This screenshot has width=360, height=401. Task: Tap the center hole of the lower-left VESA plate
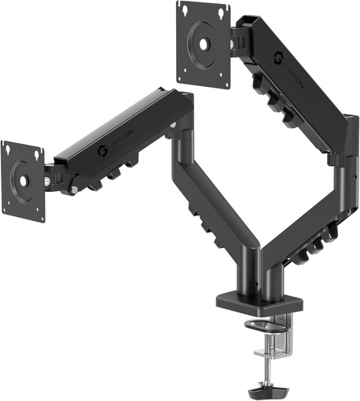(23, 176)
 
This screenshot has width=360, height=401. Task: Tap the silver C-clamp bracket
(293, 337)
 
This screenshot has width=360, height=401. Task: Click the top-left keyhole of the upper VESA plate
(185, 10)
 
